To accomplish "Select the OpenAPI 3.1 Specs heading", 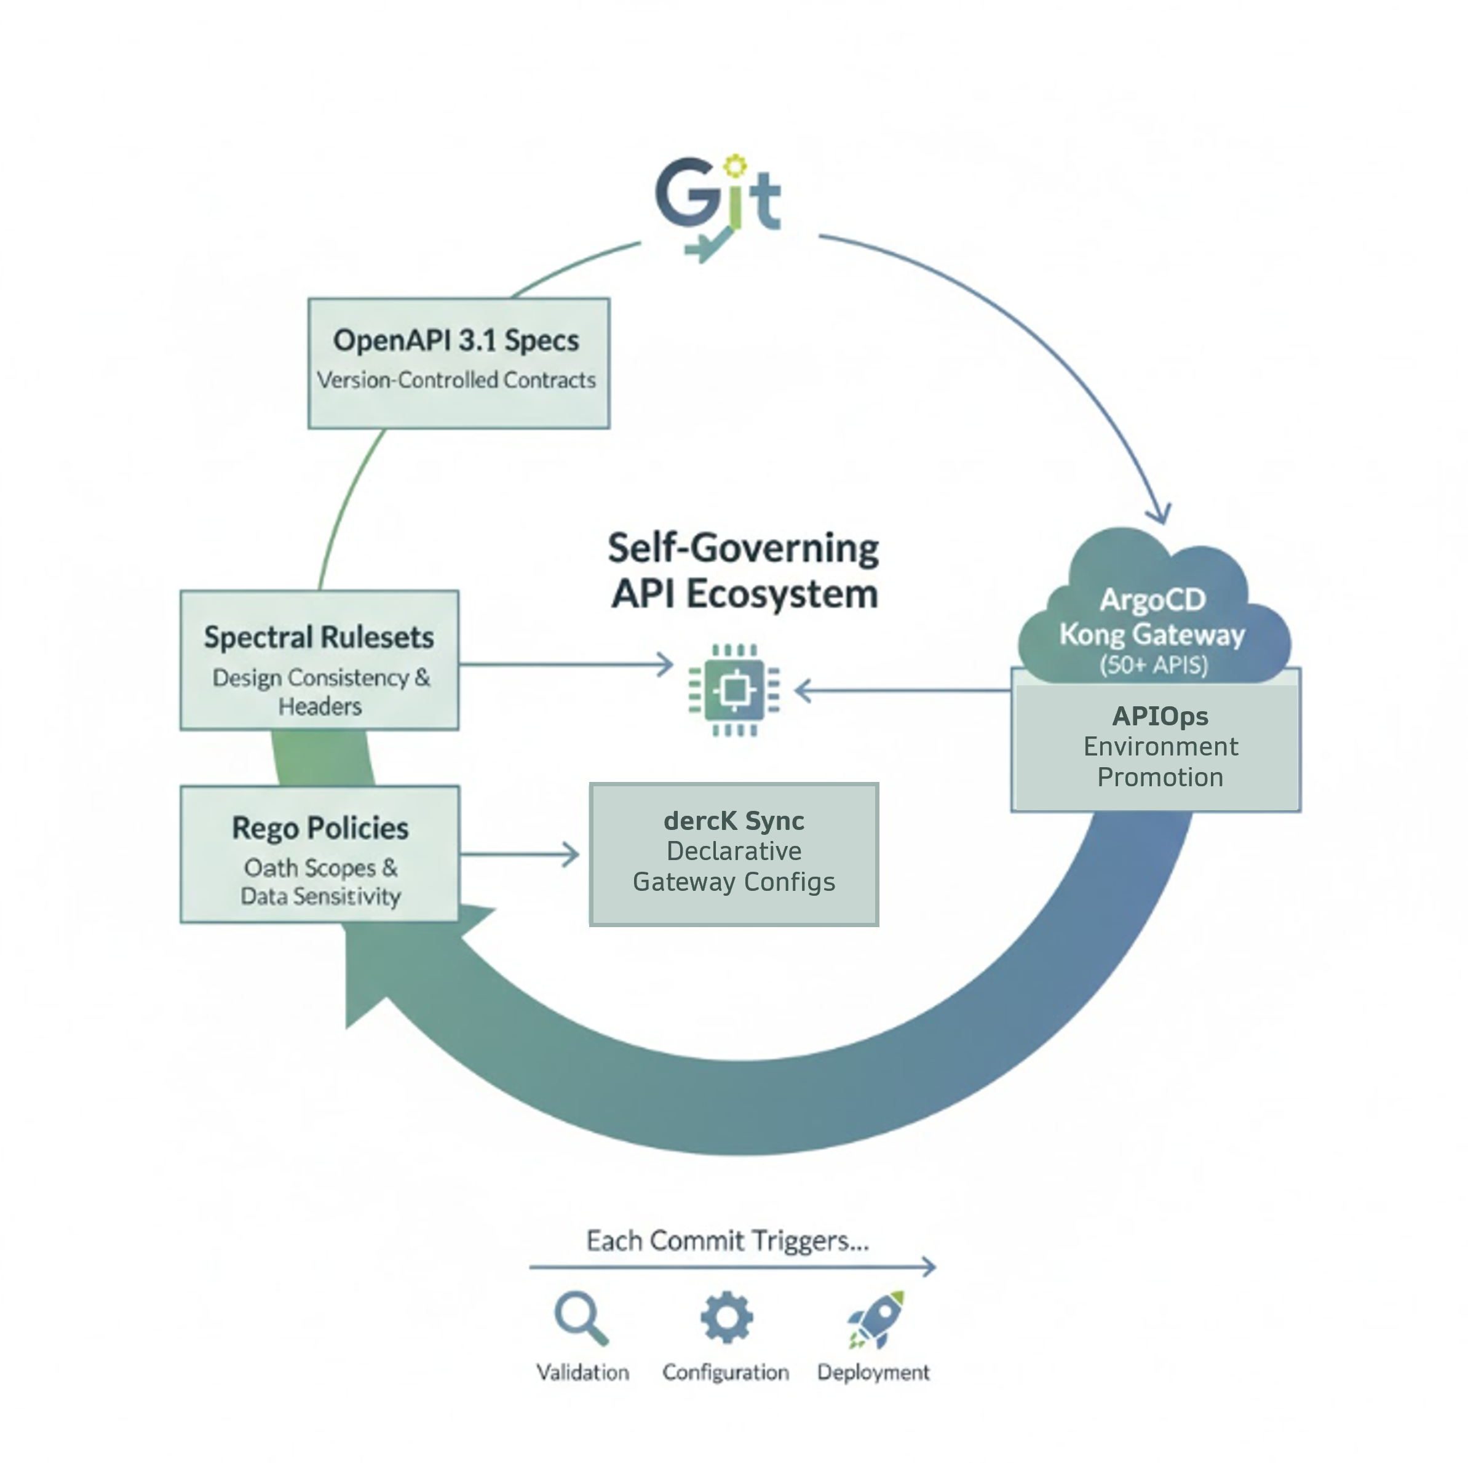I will [x=456, y=340].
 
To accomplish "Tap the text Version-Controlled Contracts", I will [x=456, y=380].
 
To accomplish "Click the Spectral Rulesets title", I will [x=319, y=637].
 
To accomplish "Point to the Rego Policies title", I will [x=320, y=827].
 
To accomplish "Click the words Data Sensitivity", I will [x=320, y=897].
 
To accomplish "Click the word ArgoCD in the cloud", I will [x=1152, y=600].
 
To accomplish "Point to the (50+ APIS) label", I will [x=1154, y=665].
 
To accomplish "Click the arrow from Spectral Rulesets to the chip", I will [x=566, y=665].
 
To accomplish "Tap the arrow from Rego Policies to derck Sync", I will [x=520, y=855].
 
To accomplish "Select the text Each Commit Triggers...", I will [x=727, y=1241].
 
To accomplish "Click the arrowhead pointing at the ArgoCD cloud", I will [x=1159, y=514].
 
